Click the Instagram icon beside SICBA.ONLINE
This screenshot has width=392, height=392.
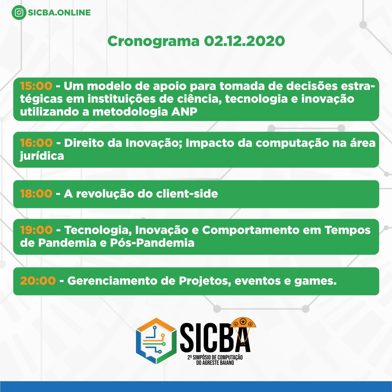[19, 13]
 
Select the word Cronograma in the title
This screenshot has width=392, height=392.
[153, 41]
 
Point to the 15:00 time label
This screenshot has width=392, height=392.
[36, 86]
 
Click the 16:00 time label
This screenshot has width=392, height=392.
[36, 143]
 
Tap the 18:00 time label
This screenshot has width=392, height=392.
[36, 194]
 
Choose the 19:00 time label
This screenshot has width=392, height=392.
[36, 230]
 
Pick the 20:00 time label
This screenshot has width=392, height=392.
[38, 281]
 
